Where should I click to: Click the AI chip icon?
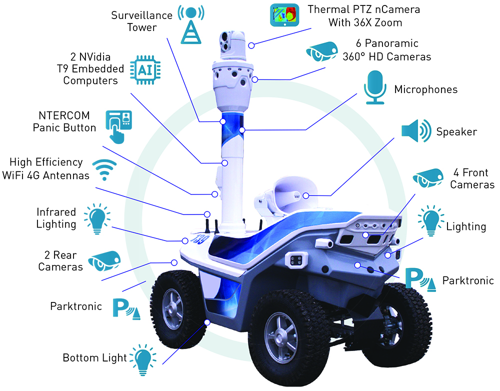pos(145,70)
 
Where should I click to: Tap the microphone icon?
pos(375,87)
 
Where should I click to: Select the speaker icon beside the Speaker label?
pos(416,131)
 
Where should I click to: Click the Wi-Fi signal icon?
pos(104,169)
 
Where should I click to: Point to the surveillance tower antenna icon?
pos(190,24)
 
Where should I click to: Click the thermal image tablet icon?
pos(284,15)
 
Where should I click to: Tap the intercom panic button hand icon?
pos(118,126)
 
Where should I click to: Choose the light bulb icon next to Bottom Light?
pos(143,359)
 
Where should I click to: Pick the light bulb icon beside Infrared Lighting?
pos(97,218)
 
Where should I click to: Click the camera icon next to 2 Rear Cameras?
pos(104,260)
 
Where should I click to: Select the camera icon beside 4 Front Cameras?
pos(428,178)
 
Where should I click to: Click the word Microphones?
pos(425,89)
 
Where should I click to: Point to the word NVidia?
pos(94,57)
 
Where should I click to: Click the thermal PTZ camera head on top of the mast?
pos(232,45)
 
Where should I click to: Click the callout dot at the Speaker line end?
pos(306,195)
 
